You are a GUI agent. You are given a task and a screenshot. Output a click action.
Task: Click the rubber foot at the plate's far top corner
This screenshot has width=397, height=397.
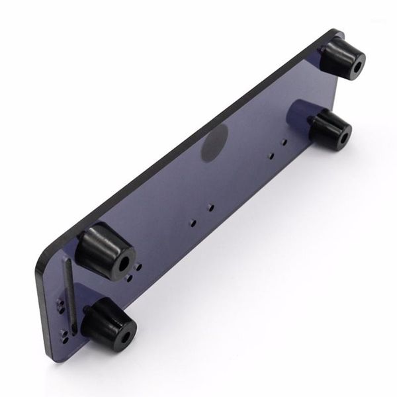(344, 60)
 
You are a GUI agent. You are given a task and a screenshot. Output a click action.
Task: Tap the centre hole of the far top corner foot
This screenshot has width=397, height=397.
(358, 67)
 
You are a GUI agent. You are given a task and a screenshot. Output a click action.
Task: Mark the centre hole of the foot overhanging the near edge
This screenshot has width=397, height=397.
(124, 328)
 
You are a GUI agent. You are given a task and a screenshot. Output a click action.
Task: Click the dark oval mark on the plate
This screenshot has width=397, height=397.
(214, 142)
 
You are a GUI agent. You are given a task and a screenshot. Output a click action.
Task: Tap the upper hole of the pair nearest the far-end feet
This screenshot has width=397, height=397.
(285, 142)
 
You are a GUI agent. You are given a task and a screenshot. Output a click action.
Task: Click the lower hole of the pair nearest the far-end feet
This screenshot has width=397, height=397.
(271, 155)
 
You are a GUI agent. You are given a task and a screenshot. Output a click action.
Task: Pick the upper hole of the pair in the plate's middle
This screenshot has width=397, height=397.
(210, 207)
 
